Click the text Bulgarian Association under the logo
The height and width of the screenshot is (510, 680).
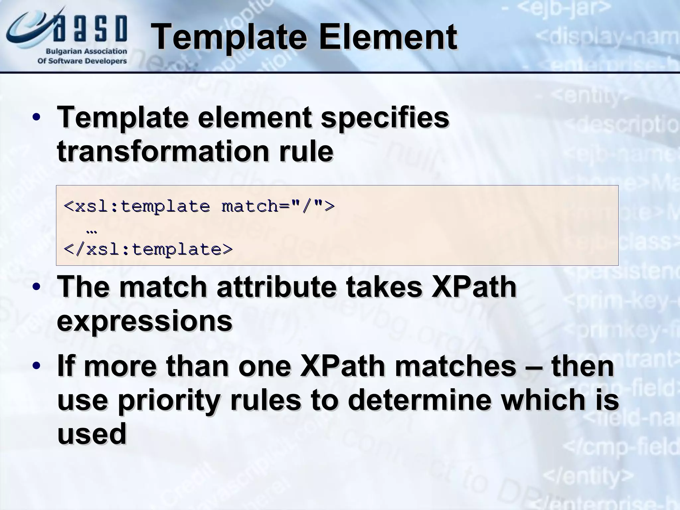(86, 51)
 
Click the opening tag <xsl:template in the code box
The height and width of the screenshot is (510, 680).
(136, 207)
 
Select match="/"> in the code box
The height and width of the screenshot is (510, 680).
(278, 207)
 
